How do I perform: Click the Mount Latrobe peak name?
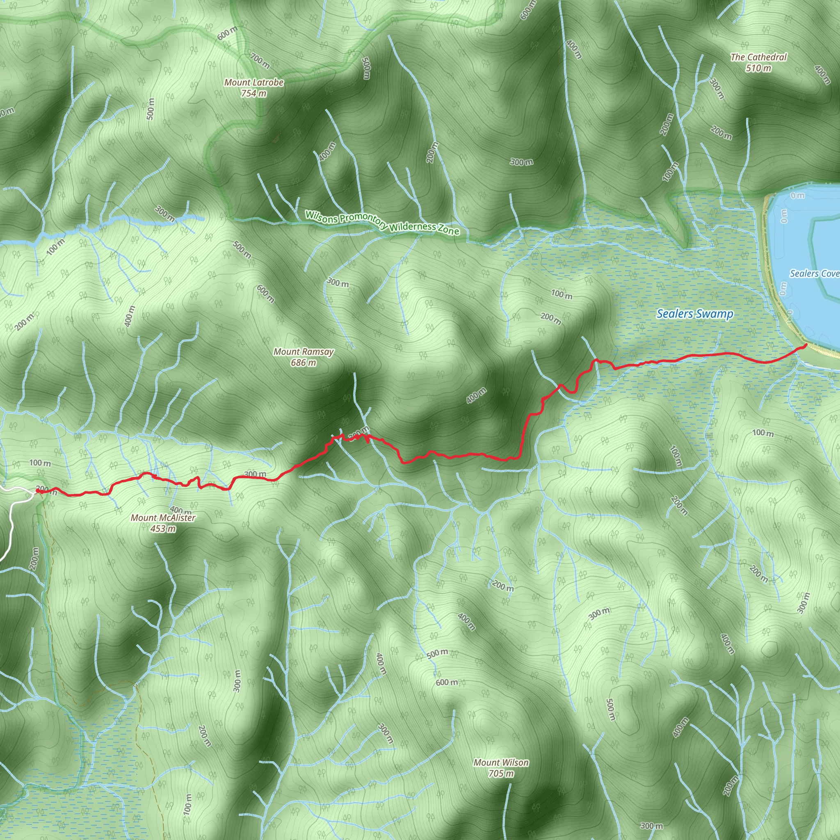(254, 82)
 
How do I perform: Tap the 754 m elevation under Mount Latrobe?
(254, 93)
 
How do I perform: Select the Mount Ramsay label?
(304, 352)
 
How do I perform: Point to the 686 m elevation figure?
(304, 363)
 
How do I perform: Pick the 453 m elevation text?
(163, 528)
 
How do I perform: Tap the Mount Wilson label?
(501, 774)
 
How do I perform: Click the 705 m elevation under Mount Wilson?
(501, 785)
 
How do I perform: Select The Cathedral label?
(759, 57)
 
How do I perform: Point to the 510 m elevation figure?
(759, 68)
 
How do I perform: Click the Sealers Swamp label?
(695, 313)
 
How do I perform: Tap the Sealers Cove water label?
(814, 274)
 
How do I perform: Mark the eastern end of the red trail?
(806, 345)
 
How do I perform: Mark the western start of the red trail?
(37, 491)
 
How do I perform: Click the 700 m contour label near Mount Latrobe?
(260, 60)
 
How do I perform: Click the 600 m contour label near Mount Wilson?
(447, 682)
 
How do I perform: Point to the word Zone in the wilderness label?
(448, 230)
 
